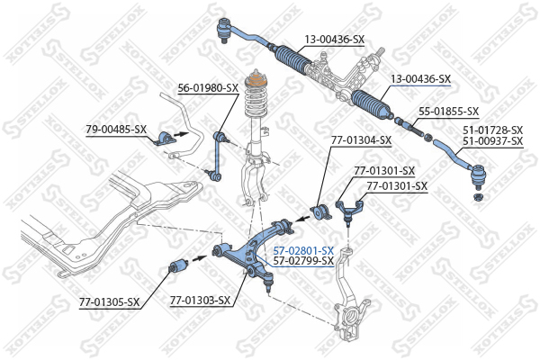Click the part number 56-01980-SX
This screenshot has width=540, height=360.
[208, 88]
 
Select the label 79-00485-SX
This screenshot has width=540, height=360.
[116, 130]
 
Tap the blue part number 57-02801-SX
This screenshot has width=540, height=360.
[303, 250]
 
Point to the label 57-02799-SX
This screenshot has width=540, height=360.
[303, 260]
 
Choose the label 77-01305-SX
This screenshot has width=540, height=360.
[110, 302]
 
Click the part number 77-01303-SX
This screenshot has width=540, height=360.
[200, 301]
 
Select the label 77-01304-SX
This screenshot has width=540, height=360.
[361, 140]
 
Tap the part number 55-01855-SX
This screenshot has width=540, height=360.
[449, 112]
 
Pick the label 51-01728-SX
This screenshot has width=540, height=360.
[493, 130]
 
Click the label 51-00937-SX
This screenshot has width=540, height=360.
[493, 141]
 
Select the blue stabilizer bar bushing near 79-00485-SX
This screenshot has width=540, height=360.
[165, 138]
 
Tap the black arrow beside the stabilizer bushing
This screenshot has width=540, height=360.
[182, 133]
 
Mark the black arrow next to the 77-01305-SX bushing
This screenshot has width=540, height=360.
[198, 257]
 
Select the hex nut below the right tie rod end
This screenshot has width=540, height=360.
[478, 198]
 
